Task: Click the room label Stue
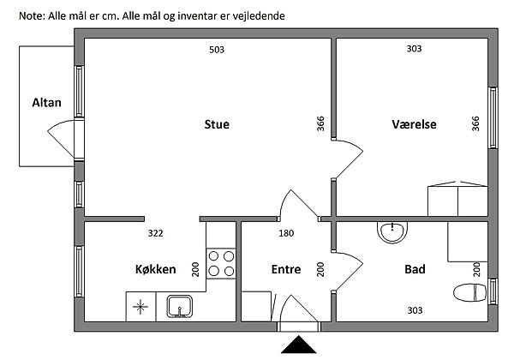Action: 216,124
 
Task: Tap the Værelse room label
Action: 414,124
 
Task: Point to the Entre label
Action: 285,269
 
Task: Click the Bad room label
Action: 415,269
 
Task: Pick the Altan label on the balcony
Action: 46,103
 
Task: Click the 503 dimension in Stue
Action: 216,50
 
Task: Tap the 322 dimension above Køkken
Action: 155,233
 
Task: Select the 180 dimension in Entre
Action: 286,233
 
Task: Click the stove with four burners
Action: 222,264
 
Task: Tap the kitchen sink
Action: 181,306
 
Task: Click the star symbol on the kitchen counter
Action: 140,305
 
